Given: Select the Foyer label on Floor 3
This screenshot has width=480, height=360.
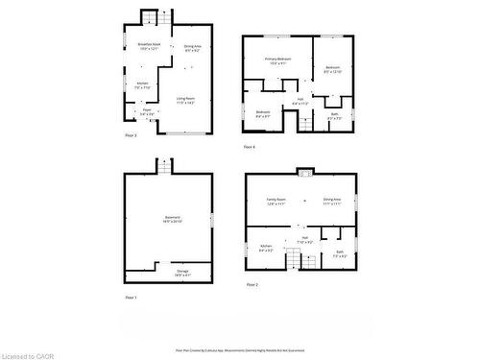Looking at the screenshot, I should (147, 110).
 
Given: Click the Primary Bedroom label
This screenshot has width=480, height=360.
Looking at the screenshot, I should (278, 60).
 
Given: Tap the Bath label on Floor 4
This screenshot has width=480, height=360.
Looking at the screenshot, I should (334, 115).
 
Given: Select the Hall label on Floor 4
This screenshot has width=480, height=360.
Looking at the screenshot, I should (300, 99).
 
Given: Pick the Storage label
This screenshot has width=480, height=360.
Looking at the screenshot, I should (182, 273).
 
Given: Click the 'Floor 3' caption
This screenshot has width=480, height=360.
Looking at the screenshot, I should (131, 136).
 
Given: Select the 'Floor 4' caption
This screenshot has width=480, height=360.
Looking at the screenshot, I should (250, 146).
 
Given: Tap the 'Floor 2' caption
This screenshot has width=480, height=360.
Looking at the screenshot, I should (252, 285).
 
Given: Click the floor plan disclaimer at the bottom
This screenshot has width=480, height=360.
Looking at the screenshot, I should (239, 350).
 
